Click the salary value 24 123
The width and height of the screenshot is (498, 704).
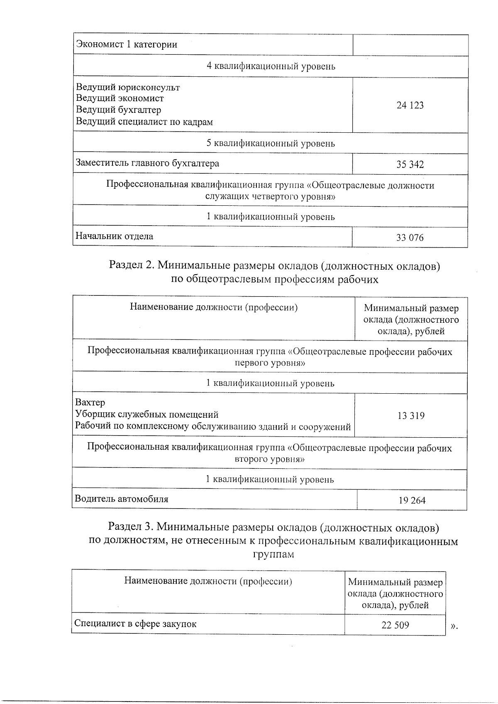(x=410, y=105)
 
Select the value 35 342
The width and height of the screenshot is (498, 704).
(x=410, y=165)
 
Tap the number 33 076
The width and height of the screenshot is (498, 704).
(x=410, y=238)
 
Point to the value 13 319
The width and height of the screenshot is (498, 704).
(x=411, y=416)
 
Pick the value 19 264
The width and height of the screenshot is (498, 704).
(x=412, y=501)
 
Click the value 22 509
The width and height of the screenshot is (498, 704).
(x=395, y=625)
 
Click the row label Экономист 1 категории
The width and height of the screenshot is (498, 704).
(x=127, y=45)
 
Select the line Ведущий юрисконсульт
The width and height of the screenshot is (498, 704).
(x=128, y=88)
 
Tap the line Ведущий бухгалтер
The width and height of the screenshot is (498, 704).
(x=119, y=110)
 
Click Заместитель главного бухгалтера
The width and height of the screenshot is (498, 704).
(x=147, y=163)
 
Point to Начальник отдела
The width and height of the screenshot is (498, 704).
(x=114, y=236)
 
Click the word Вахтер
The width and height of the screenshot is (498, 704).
(x=90, y=403)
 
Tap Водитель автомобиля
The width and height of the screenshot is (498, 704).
(x=121, y=499)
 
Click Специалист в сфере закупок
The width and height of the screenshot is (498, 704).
(x=135, y=624)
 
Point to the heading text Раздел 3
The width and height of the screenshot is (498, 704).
(x=131, y=527)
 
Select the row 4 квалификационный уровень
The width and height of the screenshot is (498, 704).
(x=271, y=66)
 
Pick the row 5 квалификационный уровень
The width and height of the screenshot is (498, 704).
(x=271, y=144)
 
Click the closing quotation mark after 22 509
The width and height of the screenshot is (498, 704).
(x=454, y=626)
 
